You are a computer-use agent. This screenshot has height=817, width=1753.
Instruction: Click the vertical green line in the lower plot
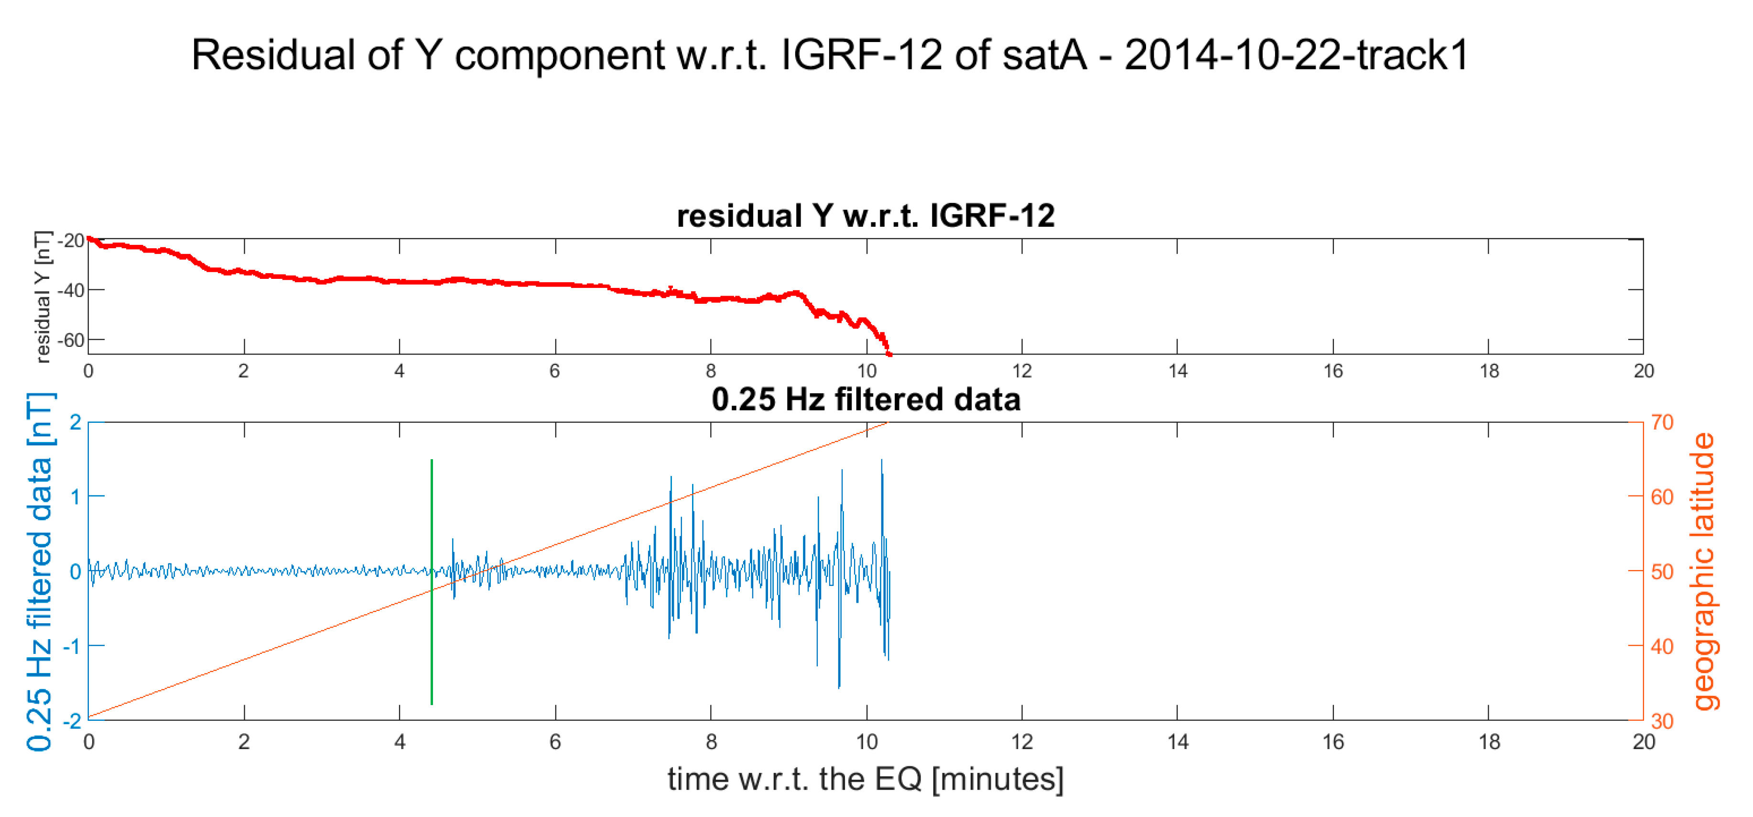coord(432,582)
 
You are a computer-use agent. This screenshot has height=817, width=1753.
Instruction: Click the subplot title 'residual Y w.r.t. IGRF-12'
coord(866,216)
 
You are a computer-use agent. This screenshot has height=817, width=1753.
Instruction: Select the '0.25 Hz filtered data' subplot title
coord(866,399)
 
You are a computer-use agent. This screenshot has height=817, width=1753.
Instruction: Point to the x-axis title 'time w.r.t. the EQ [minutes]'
coord(866,779)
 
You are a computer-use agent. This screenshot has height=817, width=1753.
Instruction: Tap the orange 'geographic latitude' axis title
coord(1703,572)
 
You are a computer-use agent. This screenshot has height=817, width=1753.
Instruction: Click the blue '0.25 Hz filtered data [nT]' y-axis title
coord(40,572)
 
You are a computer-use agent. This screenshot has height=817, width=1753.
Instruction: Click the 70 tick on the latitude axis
coord(1662,423)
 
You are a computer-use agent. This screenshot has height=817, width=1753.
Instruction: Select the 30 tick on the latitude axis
coord(1662,721)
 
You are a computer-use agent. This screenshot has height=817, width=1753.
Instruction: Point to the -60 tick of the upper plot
coord(71,340)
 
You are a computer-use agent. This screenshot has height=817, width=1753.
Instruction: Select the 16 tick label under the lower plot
coord(1333,741)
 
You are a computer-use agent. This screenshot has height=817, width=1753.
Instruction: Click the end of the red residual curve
coord(889,354)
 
